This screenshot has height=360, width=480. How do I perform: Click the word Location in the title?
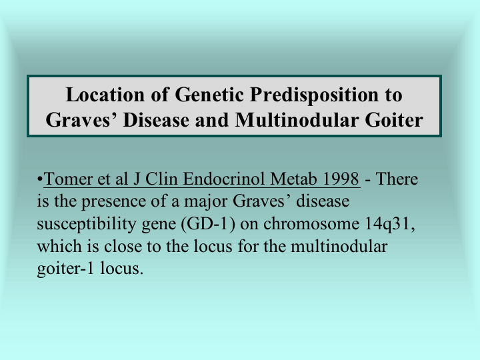[x=105, y=95]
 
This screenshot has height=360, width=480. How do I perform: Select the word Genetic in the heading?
[x=209, y=95]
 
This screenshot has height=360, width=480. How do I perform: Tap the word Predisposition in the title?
[x=315, y=95]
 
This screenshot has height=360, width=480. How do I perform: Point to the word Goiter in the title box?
[x=394, y=120]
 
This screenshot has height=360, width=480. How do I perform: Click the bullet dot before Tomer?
[x=39, y=179]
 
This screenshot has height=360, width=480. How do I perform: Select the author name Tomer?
[x=67, y=179]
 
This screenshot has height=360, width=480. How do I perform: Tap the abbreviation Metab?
[x=293, y=179]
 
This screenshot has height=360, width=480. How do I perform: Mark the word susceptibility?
[x=86, y=225]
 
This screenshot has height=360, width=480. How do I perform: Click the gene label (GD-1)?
[x=208, y=224]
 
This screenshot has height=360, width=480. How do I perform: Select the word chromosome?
[x=311, y=224]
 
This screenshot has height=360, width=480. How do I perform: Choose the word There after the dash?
[x=397, y=179]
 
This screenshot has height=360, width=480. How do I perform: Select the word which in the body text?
[x=59, y=247]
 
